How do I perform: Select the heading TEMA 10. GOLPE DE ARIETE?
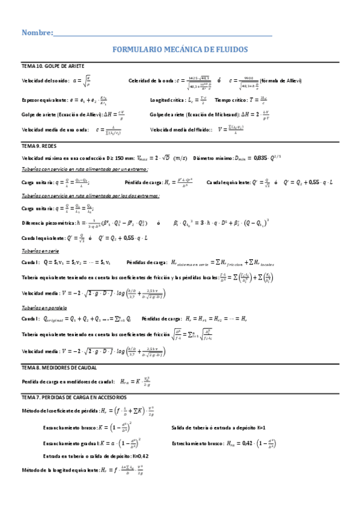pyautogui.click(x=53, y=65)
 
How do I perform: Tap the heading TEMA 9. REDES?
pyautogui.click(x=40, y=146)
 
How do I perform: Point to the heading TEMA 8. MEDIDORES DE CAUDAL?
pyautogui.click(x=59, y=367)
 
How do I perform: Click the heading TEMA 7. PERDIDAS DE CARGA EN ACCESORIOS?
pyautogui.click(x=74, y=398)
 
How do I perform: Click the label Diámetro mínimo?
pyautogui.click(x=213, y=158)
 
